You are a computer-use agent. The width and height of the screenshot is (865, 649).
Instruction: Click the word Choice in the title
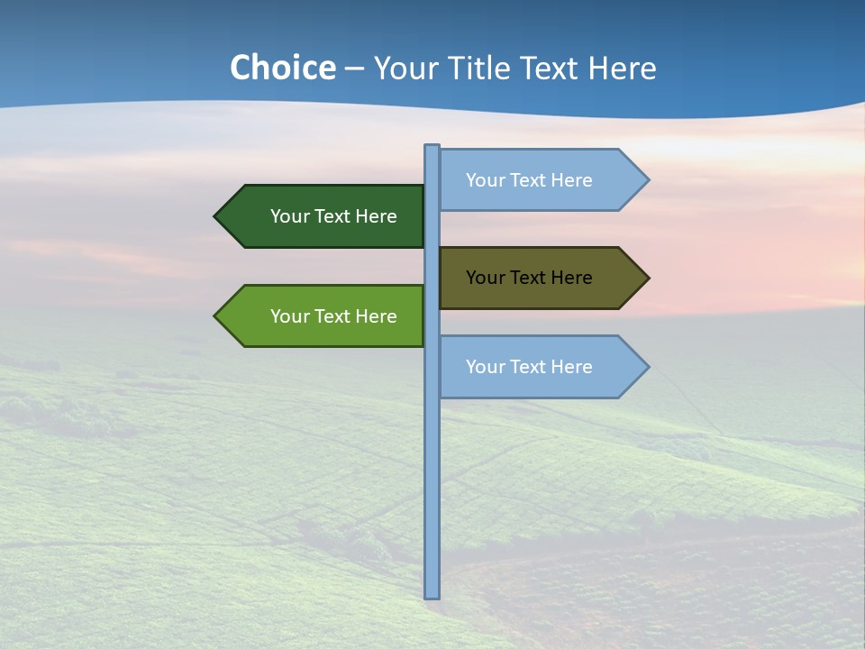pos(282,69)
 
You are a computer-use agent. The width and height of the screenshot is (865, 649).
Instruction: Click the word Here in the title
pos(622,69)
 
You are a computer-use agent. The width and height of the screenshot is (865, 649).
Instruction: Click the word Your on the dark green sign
pos(289,216)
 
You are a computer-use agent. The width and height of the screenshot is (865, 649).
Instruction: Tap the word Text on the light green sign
pos(332,316)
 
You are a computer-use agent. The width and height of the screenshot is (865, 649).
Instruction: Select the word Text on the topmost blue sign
pos(528,180)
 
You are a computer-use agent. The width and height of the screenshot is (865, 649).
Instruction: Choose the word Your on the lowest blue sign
pos(485,367)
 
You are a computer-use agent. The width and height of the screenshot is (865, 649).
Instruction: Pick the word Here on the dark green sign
pos(376,216)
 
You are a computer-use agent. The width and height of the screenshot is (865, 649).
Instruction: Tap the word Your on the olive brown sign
pos(485,278)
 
